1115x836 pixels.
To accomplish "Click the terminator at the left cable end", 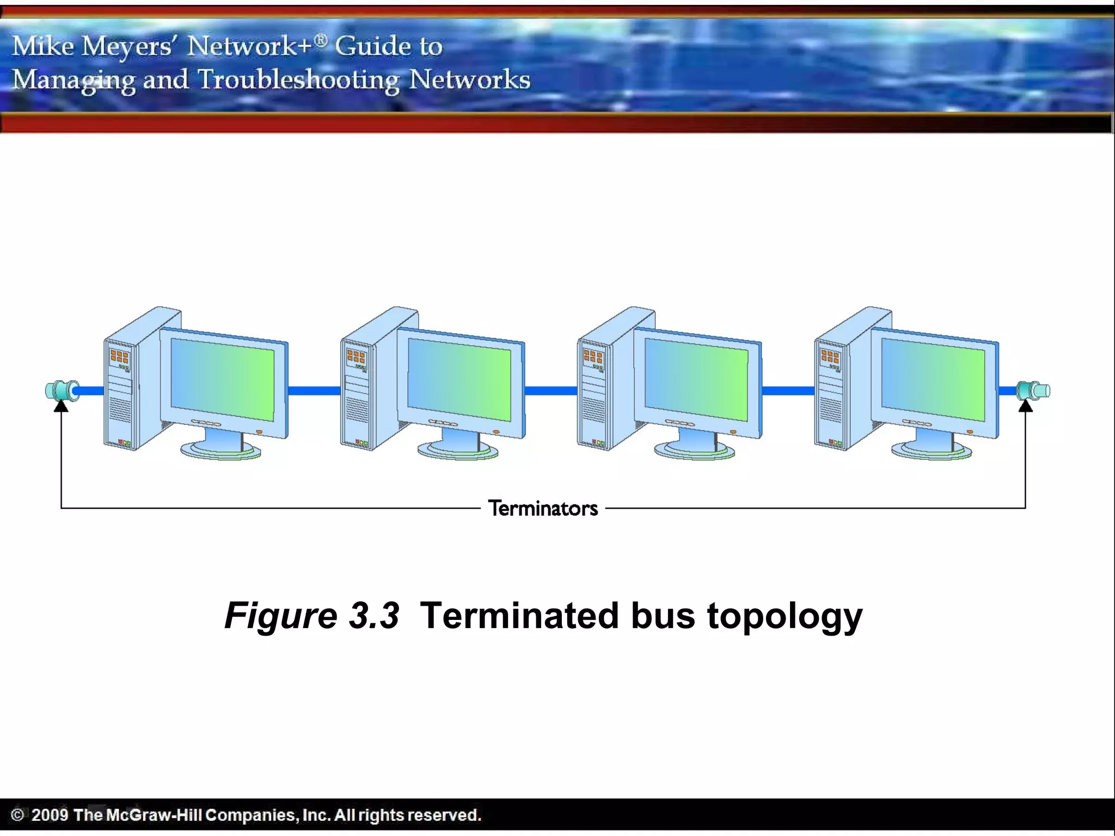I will (x=61, y=391).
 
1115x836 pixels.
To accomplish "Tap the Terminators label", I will (x=543, y=508).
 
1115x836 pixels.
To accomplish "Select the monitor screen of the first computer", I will (x=222, y=379).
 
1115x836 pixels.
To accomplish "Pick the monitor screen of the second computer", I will (x=459, y=379).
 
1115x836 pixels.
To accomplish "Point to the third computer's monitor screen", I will (x=696, y=379).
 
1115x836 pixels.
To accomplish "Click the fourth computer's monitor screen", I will (x=933, y=379).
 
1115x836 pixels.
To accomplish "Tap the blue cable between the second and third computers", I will (x=550, y=390).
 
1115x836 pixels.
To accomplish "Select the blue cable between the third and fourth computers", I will (x=788, y=390).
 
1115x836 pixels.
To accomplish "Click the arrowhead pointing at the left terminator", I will (x=61, y=406).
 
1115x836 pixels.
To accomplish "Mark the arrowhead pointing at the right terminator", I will (x=1025, y=406).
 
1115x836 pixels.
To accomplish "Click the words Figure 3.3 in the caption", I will (x=312, y=616).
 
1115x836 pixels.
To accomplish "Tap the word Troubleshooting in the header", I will (x=298, y=80).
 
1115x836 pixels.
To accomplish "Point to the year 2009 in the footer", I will (x=50, y=815).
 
